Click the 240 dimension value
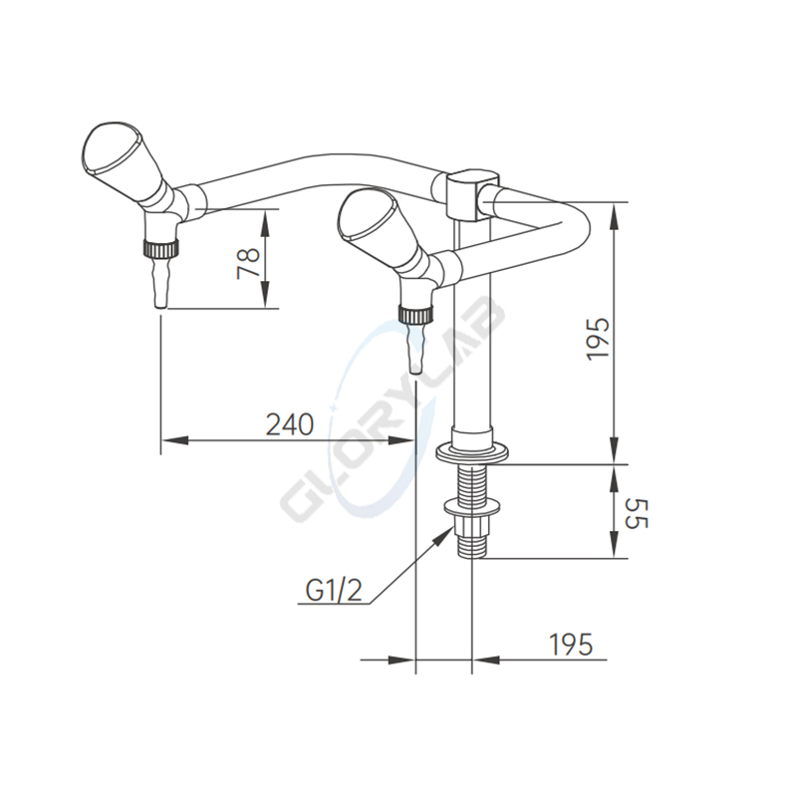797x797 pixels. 290,424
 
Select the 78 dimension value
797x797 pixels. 249,263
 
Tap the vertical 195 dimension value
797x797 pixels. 597,340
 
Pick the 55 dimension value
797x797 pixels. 636,513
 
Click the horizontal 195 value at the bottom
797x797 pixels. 571,645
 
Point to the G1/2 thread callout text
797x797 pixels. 334,590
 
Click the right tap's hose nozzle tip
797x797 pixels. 415,370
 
